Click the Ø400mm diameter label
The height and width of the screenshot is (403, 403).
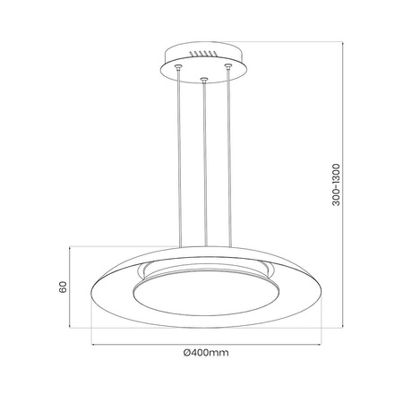tap(205, 352)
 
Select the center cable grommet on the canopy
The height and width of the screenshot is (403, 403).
tap(206, 81)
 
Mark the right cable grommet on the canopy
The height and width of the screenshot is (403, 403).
tap(231, 66)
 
